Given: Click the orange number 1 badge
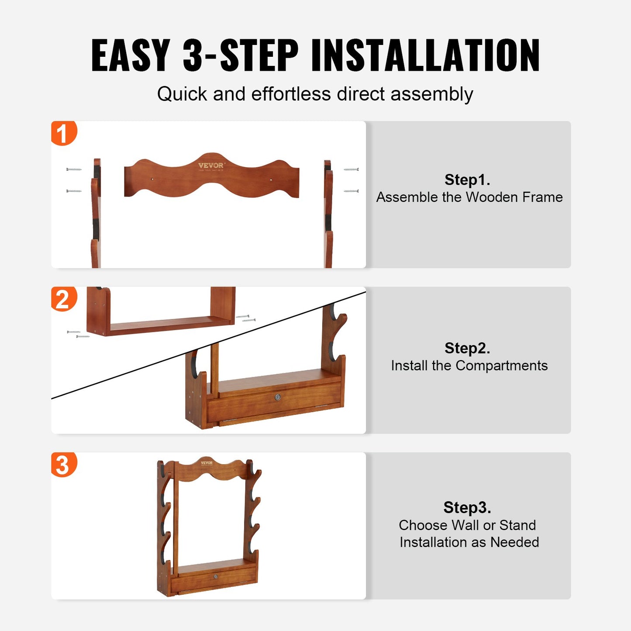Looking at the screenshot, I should tap(63, 133).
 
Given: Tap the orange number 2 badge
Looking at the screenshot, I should tap(63, 300).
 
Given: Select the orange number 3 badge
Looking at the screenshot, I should tap(63, 465).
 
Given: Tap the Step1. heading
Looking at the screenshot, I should tap(467, 179).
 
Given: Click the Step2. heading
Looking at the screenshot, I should tap(467, 348).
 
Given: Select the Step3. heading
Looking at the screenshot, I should tap(467, 507).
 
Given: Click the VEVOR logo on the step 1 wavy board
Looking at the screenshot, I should tap(211, 166).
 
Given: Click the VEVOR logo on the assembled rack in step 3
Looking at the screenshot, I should tap(207, 463).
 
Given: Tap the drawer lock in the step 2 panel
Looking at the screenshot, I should tap(277, 397).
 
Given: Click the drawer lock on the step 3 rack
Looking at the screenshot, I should tap(216, 576).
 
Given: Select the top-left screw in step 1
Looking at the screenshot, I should tap(74, 169).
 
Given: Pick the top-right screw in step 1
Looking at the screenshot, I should tap(351, 169).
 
